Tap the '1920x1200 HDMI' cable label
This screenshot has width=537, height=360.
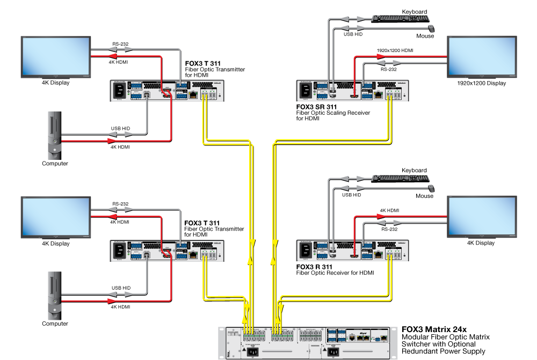pyautogui.click(x=395, y=50)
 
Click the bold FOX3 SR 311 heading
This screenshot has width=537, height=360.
pyautogui.click(x=316, y=107)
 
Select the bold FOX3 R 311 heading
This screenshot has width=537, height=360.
pyautogui.click(x=314, y=267)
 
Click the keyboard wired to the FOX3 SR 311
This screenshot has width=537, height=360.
pyautogui.click(x=400, y=19)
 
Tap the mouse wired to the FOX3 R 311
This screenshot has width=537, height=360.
pyautogui.click(x=431, y=188)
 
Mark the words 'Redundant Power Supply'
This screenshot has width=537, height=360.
pyautogui.click(x=443, y=351)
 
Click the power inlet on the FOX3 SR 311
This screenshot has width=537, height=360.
pyautogui.click(x=306, y=91)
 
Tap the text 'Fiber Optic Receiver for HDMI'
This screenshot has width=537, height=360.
pyautogui.click(x=335, y=273)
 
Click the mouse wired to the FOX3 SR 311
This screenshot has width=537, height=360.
pyautogui.click(x=431, y=28)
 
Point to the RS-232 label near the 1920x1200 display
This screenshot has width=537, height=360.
pyautogui.click(x=388, y=69)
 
